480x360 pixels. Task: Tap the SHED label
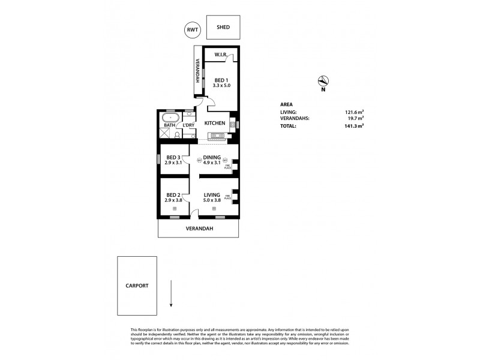click(223, 28)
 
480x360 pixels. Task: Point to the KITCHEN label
click(214, 123)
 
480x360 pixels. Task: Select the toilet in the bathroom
click(178, 135)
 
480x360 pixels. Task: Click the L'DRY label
click(189, 125)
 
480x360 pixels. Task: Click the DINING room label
click(212, 157)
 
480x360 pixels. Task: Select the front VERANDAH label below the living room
click(199, 228)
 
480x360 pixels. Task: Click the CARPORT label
click(137, 286)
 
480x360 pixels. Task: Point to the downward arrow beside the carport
click(171, 293)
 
